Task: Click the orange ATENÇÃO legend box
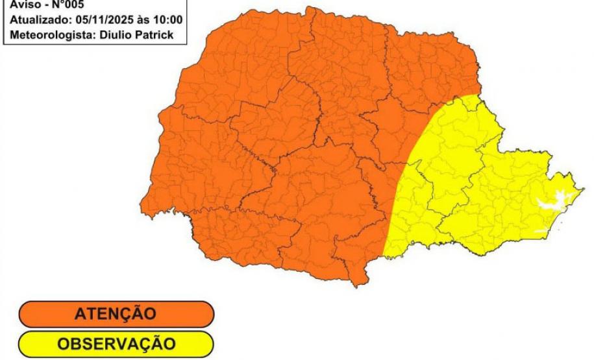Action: pos(116,314)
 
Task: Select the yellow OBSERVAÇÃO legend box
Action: pos(116,344)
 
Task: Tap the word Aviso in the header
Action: pos(25,5)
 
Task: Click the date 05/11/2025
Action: pos(104,19)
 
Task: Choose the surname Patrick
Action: pos(155,34)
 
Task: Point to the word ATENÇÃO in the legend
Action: pos(116,314)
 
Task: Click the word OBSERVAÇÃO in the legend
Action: pos(116,344)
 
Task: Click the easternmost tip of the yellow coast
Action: pos(582,189)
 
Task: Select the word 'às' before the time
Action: pos(144,19)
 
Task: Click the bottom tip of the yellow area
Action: pos(386,257)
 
